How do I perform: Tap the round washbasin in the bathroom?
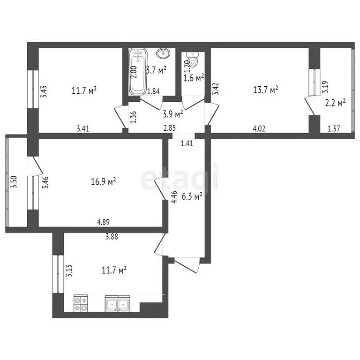pyautogui.click(x=163, y=53)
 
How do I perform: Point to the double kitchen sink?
pyautogui.click(x=117, y=305)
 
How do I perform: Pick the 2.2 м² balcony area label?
pyautogui.click(x=336, y=102)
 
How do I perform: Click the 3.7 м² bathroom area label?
pyautogui.click(x=157, y=71)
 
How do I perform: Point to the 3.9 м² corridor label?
pyautogui.click(x=172, y=113)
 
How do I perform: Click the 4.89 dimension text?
pyautogui.click(x=104, y=222)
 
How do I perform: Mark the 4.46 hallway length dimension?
pyautogui.click(x=174, y=195)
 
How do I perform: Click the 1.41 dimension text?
pyautogui.click(x=187, y=144)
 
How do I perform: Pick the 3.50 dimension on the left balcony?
pyautogui.click(x=14, y=182)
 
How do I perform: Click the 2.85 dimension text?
pyautogui.click(x=169, y=128)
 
